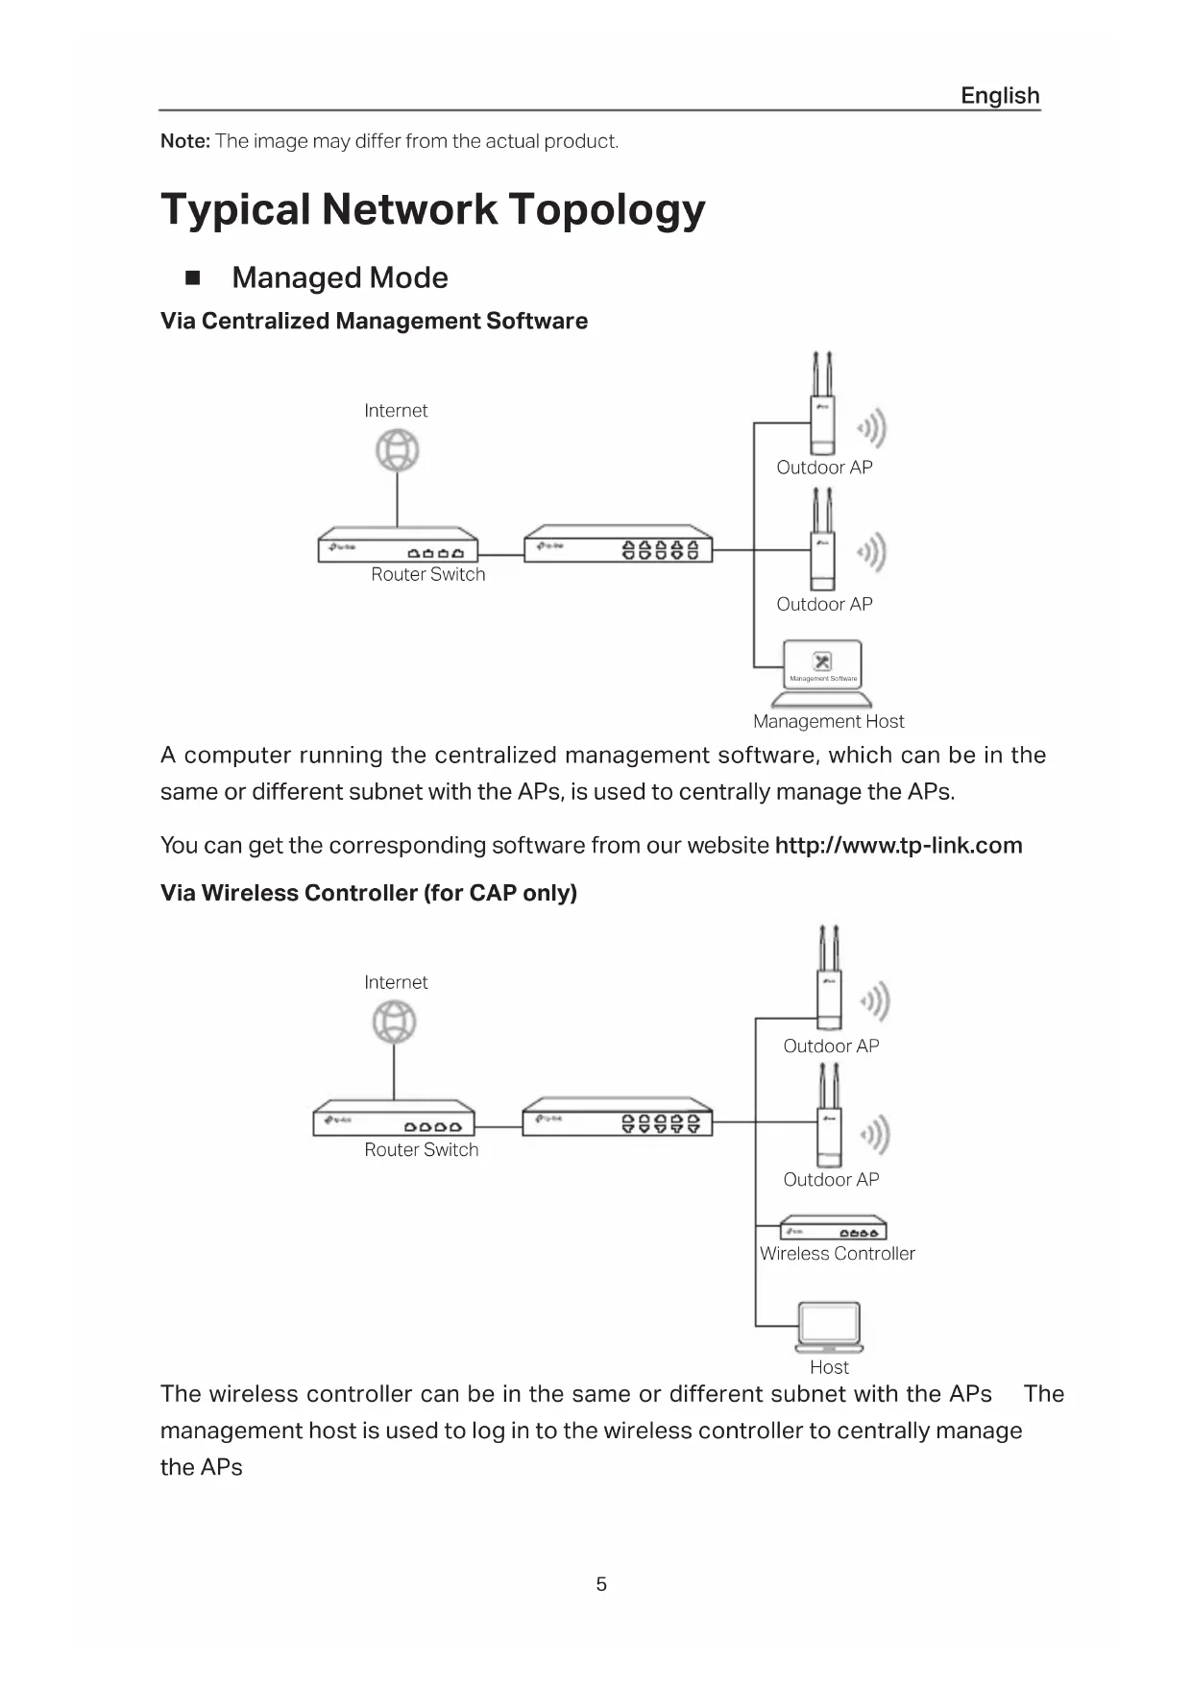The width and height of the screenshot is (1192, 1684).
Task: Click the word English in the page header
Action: coord(1000,96)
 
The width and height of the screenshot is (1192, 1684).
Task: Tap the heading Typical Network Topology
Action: coord(433,209)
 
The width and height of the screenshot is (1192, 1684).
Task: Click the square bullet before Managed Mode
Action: coord(193,278)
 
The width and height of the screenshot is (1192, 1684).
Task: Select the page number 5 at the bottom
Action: coord(601,1584)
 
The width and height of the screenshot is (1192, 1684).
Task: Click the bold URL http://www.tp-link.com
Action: coord(898,846)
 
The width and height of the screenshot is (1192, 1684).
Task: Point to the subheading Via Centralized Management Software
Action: coord(374,321)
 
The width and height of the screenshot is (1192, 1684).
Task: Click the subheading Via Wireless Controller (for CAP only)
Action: coord(369,893)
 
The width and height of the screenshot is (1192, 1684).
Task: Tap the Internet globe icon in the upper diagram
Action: coord(398,450)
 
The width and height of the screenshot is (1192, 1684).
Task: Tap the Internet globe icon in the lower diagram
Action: coord(394,1022)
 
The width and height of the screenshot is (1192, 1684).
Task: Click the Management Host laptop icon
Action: coord(822,672)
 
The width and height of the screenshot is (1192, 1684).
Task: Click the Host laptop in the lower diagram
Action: coord(830,1327)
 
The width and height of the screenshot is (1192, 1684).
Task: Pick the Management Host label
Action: coord(828,721)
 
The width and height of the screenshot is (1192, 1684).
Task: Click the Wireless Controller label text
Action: coord(837,1253)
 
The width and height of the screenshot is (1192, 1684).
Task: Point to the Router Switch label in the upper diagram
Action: coord(428,574)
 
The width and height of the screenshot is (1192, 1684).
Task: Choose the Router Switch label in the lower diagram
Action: coord(421,1149)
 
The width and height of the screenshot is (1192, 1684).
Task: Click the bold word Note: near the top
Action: coord(185,141)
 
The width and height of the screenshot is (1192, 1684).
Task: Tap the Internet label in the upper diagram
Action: coord(396,411)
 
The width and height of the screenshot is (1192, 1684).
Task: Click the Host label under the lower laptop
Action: coord(829,1367)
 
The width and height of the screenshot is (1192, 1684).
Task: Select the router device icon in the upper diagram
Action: coord(398,545)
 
